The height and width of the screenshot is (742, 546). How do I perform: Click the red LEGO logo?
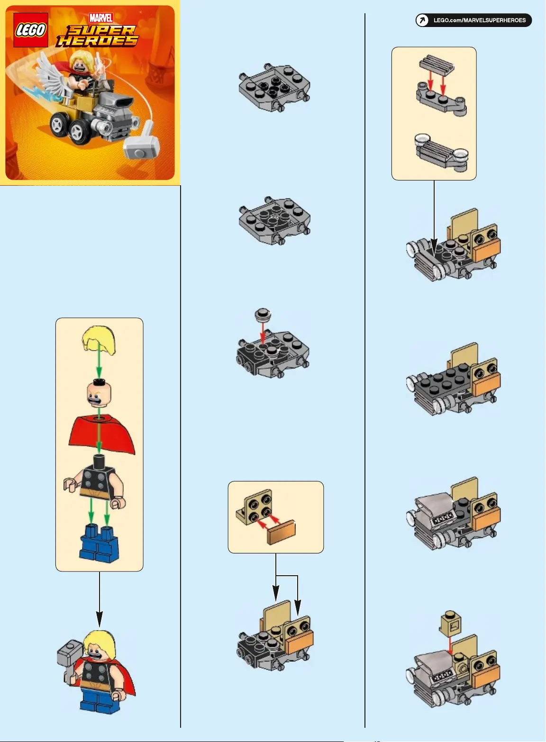30,30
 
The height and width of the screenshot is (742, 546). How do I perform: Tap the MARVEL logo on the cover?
101,18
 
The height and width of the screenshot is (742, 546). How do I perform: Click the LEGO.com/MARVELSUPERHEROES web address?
479,20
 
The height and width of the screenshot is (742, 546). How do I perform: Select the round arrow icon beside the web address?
422,20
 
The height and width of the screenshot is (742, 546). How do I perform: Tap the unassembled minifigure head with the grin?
99,394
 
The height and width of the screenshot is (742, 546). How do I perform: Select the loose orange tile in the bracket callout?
281,533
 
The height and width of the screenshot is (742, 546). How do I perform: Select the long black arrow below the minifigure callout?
100,599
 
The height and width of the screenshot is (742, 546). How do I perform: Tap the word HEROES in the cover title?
97,41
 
